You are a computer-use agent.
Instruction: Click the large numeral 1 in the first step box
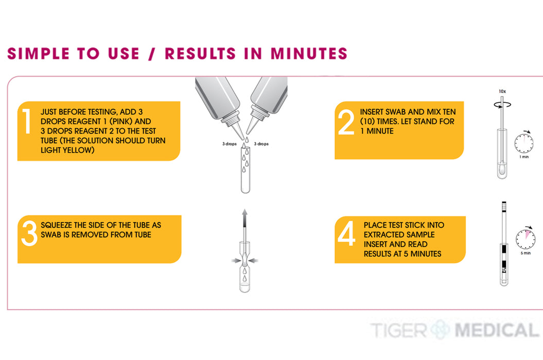[x=27, y=121]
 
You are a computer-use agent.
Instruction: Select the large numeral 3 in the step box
[x=29, y=233]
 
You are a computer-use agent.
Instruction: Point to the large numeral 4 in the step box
[x=347, y=233]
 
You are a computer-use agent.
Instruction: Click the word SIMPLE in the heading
[x=39, y=53]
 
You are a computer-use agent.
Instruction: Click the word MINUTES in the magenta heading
[x=309, y=53]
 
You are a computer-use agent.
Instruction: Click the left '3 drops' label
[x=229, y=143]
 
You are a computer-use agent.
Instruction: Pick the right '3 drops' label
[x=261, y=143]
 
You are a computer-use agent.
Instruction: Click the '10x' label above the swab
[x=502, y=92]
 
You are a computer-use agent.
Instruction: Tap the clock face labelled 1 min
[x=523, y=143]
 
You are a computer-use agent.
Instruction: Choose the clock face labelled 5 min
[x=526, y=239]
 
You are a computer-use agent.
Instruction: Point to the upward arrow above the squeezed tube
[x=245, y=218]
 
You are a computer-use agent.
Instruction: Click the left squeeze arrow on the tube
[x=237, y=260]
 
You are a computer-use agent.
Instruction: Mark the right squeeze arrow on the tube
[x=253, y=260]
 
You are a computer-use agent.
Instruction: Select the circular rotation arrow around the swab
[x=502, y=104]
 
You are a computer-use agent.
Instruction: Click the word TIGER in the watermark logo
[x=399, y=330]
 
